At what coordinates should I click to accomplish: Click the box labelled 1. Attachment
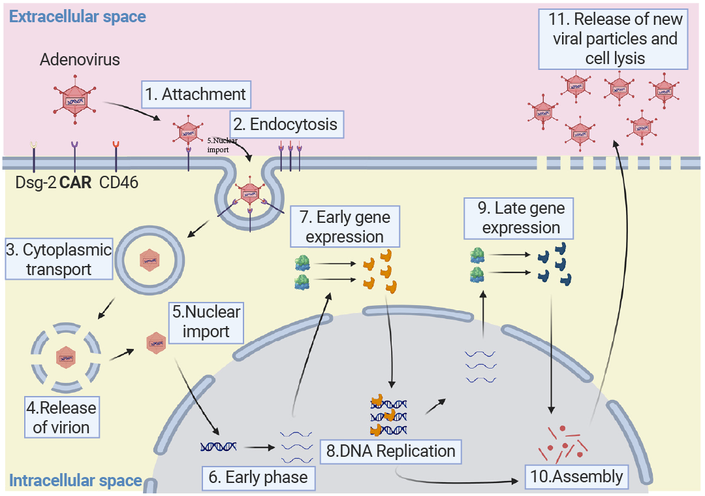195,94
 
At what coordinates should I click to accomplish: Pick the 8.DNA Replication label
390,451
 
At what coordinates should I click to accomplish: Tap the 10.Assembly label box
577,476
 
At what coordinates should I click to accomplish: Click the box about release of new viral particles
614,39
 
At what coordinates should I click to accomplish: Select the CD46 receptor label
118,182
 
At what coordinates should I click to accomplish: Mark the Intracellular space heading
75,481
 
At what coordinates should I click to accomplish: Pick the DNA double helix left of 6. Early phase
219,447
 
